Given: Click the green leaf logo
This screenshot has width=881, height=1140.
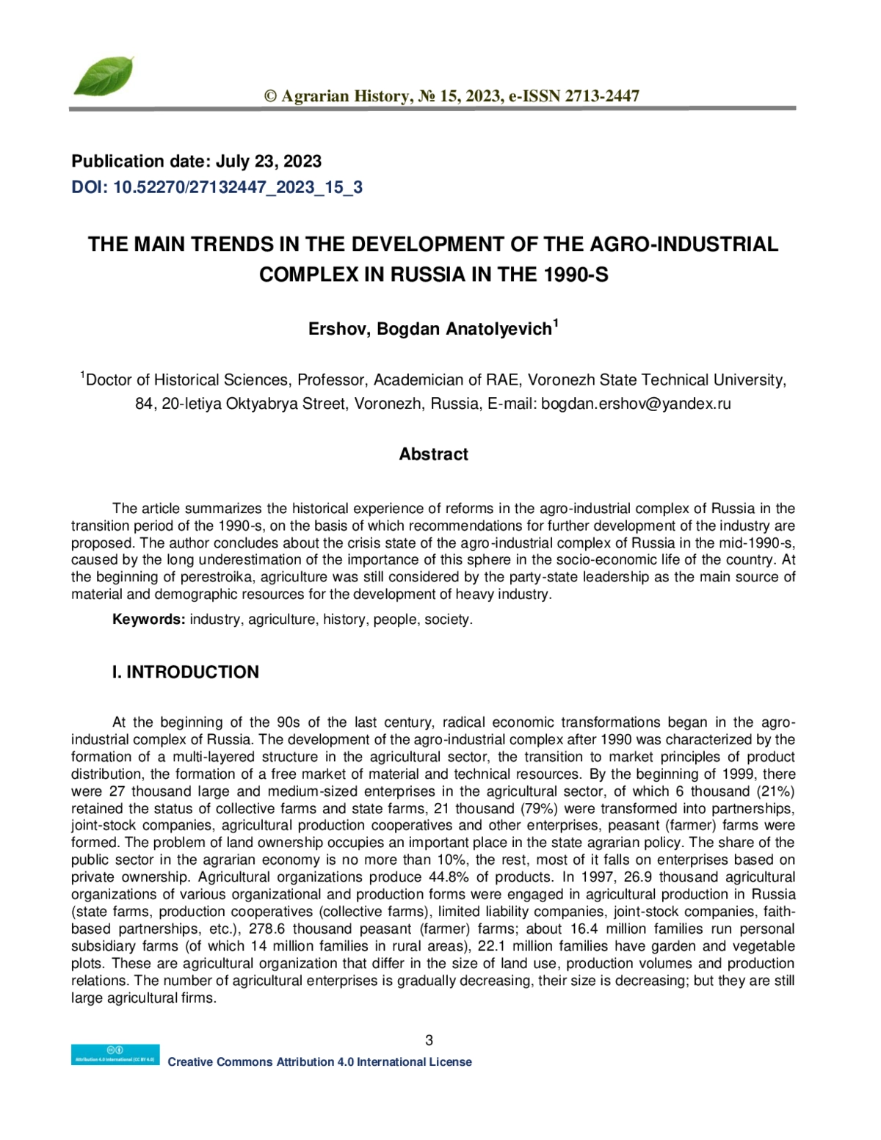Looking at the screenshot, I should coord(104,76).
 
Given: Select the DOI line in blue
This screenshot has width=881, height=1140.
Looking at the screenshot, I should coord(217,187).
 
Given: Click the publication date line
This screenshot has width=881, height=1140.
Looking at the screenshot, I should coord(196,161).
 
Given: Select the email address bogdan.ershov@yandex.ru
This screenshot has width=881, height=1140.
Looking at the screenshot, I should coord(636,403).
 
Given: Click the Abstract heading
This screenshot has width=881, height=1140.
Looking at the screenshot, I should coord(433,454).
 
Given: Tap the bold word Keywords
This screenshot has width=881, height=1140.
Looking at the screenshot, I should coord(148,620).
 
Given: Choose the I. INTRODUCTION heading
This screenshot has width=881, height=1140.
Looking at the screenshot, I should coord(185,672).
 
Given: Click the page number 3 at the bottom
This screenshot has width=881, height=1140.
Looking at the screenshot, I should coord(429,1039).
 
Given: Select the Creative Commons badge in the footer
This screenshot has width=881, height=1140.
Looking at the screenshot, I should coord(115,1054).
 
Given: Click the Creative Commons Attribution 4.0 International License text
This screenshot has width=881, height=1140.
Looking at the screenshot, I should coord(319,1062).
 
